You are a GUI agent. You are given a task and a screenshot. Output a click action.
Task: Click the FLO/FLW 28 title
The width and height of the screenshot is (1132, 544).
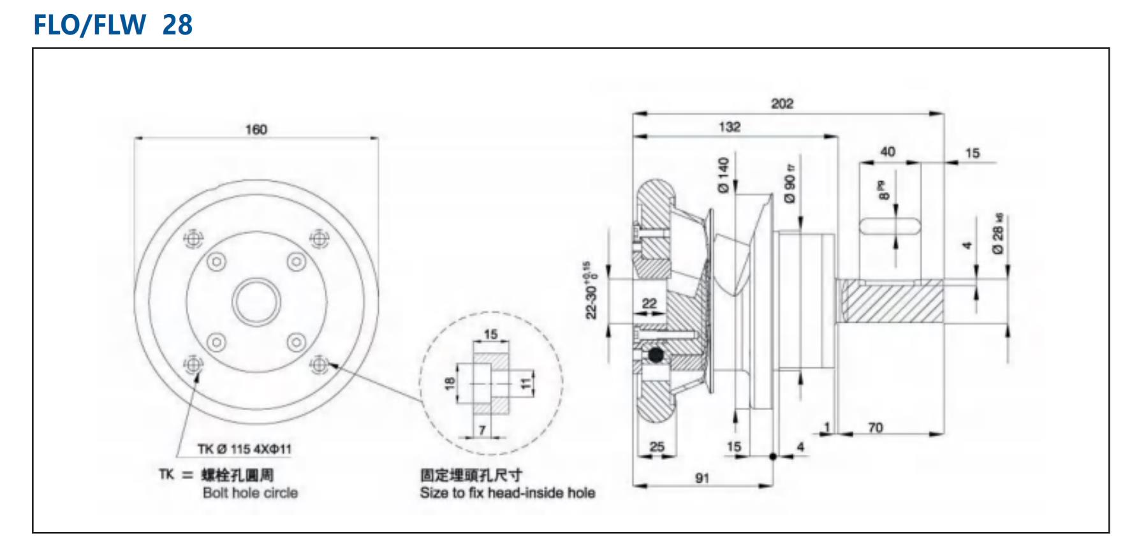click(x=112, y=25)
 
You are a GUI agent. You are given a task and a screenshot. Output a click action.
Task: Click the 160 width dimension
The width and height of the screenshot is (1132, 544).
click(x=256, y=129)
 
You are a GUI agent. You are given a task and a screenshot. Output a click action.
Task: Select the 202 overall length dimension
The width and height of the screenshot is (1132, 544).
click(x=782, y=103)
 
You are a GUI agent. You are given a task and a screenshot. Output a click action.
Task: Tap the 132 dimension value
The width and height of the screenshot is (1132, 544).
click(x=730, y=126)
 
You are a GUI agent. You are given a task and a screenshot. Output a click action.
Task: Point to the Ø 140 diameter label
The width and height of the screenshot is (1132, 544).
click(x=723, y=175)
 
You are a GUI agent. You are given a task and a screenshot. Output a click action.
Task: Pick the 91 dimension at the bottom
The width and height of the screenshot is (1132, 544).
click(x=702, y=478)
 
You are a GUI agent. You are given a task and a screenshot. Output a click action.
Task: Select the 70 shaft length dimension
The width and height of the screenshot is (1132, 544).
click(x=875, y=427)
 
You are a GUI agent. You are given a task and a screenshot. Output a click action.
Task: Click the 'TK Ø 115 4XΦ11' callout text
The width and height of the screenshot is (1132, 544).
click(x=244, y=449)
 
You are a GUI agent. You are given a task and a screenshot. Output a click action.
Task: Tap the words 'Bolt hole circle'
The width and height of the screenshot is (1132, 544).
click(x=250, y=493)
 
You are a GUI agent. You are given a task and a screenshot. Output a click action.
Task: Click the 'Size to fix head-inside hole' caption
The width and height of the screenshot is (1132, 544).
click(x=507, y=493)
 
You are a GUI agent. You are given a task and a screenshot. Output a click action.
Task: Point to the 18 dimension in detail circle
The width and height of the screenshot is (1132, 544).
click(x=450, y=383)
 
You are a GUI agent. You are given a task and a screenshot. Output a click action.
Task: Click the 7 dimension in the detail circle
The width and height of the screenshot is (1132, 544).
click(x=482, y=430)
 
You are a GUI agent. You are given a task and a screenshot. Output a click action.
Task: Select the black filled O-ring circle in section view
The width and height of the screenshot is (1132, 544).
click(x=655, y=354)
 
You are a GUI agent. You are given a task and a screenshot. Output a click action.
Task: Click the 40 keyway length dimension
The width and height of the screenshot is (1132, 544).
click(x=887, y=152)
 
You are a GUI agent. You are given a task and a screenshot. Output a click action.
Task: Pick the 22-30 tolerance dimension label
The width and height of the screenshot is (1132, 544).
click(x=591, y=290)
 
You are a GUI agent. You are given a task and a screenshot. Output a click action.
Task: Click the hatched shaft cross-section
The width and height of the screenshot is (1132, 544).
click(x=893, y=302)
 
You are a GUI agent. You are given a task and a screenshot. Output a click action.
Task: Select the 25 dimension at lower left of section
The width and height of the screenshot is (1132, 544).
click(x=657, y=446)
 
